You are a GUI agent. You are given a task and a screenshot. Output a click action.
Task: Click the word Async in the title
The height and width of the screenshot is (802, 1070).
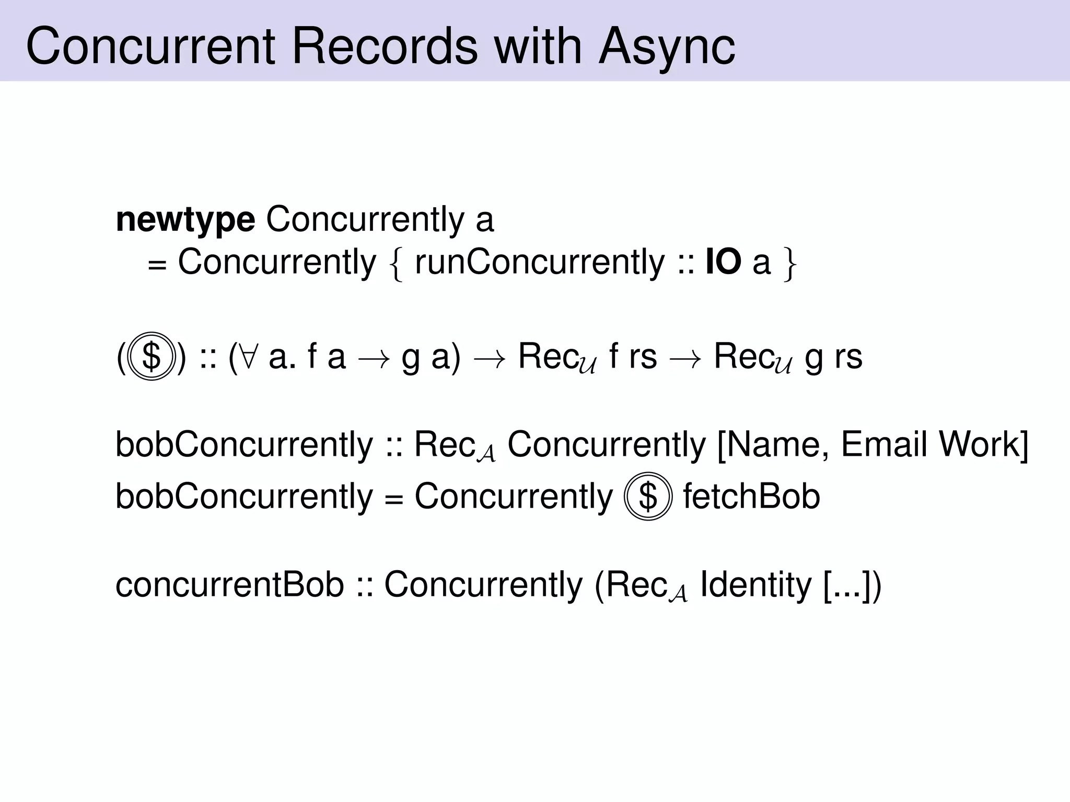(x=667, y=47)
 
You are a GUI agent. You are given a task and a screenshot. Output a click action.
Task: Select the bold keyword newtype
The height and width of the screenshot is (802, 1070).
(x=185, y=220)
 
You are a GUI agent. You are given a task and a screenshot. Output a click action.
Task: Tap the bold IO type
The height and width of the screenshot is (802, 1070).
(x=723, y=263)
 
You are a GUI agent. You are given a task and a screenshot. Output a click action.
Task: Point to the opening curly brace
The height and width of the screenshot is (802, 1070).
(x=397, y=264)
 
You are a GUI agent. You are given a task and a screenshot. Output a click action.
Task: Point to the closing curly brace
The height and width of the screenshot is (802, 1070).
(x=789, y=264)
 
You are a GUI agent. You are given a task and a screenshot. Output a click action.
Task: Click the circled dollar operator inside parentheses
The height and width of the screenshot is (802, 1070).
(x=151, y=357)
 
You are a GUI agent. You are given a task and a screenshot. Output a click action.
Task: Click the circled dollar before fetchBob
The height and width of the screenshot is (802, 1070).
(x=648, y=497)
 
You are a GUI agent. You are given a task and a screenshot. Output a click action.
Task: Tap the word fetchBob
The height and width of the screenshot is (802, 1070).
(x=751, y=497)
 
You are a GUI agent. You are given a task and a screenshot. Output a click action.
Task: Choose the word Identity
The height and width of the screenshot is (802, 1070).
(x=755, y=585)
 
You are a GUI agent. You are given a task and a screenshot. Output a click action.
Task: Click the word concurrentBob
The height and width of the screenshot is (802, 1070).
(x=229, y=585)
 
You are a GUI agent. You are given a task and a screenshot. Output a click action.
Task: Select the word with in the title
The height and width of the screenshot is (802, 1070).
(x=538, y=47)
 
